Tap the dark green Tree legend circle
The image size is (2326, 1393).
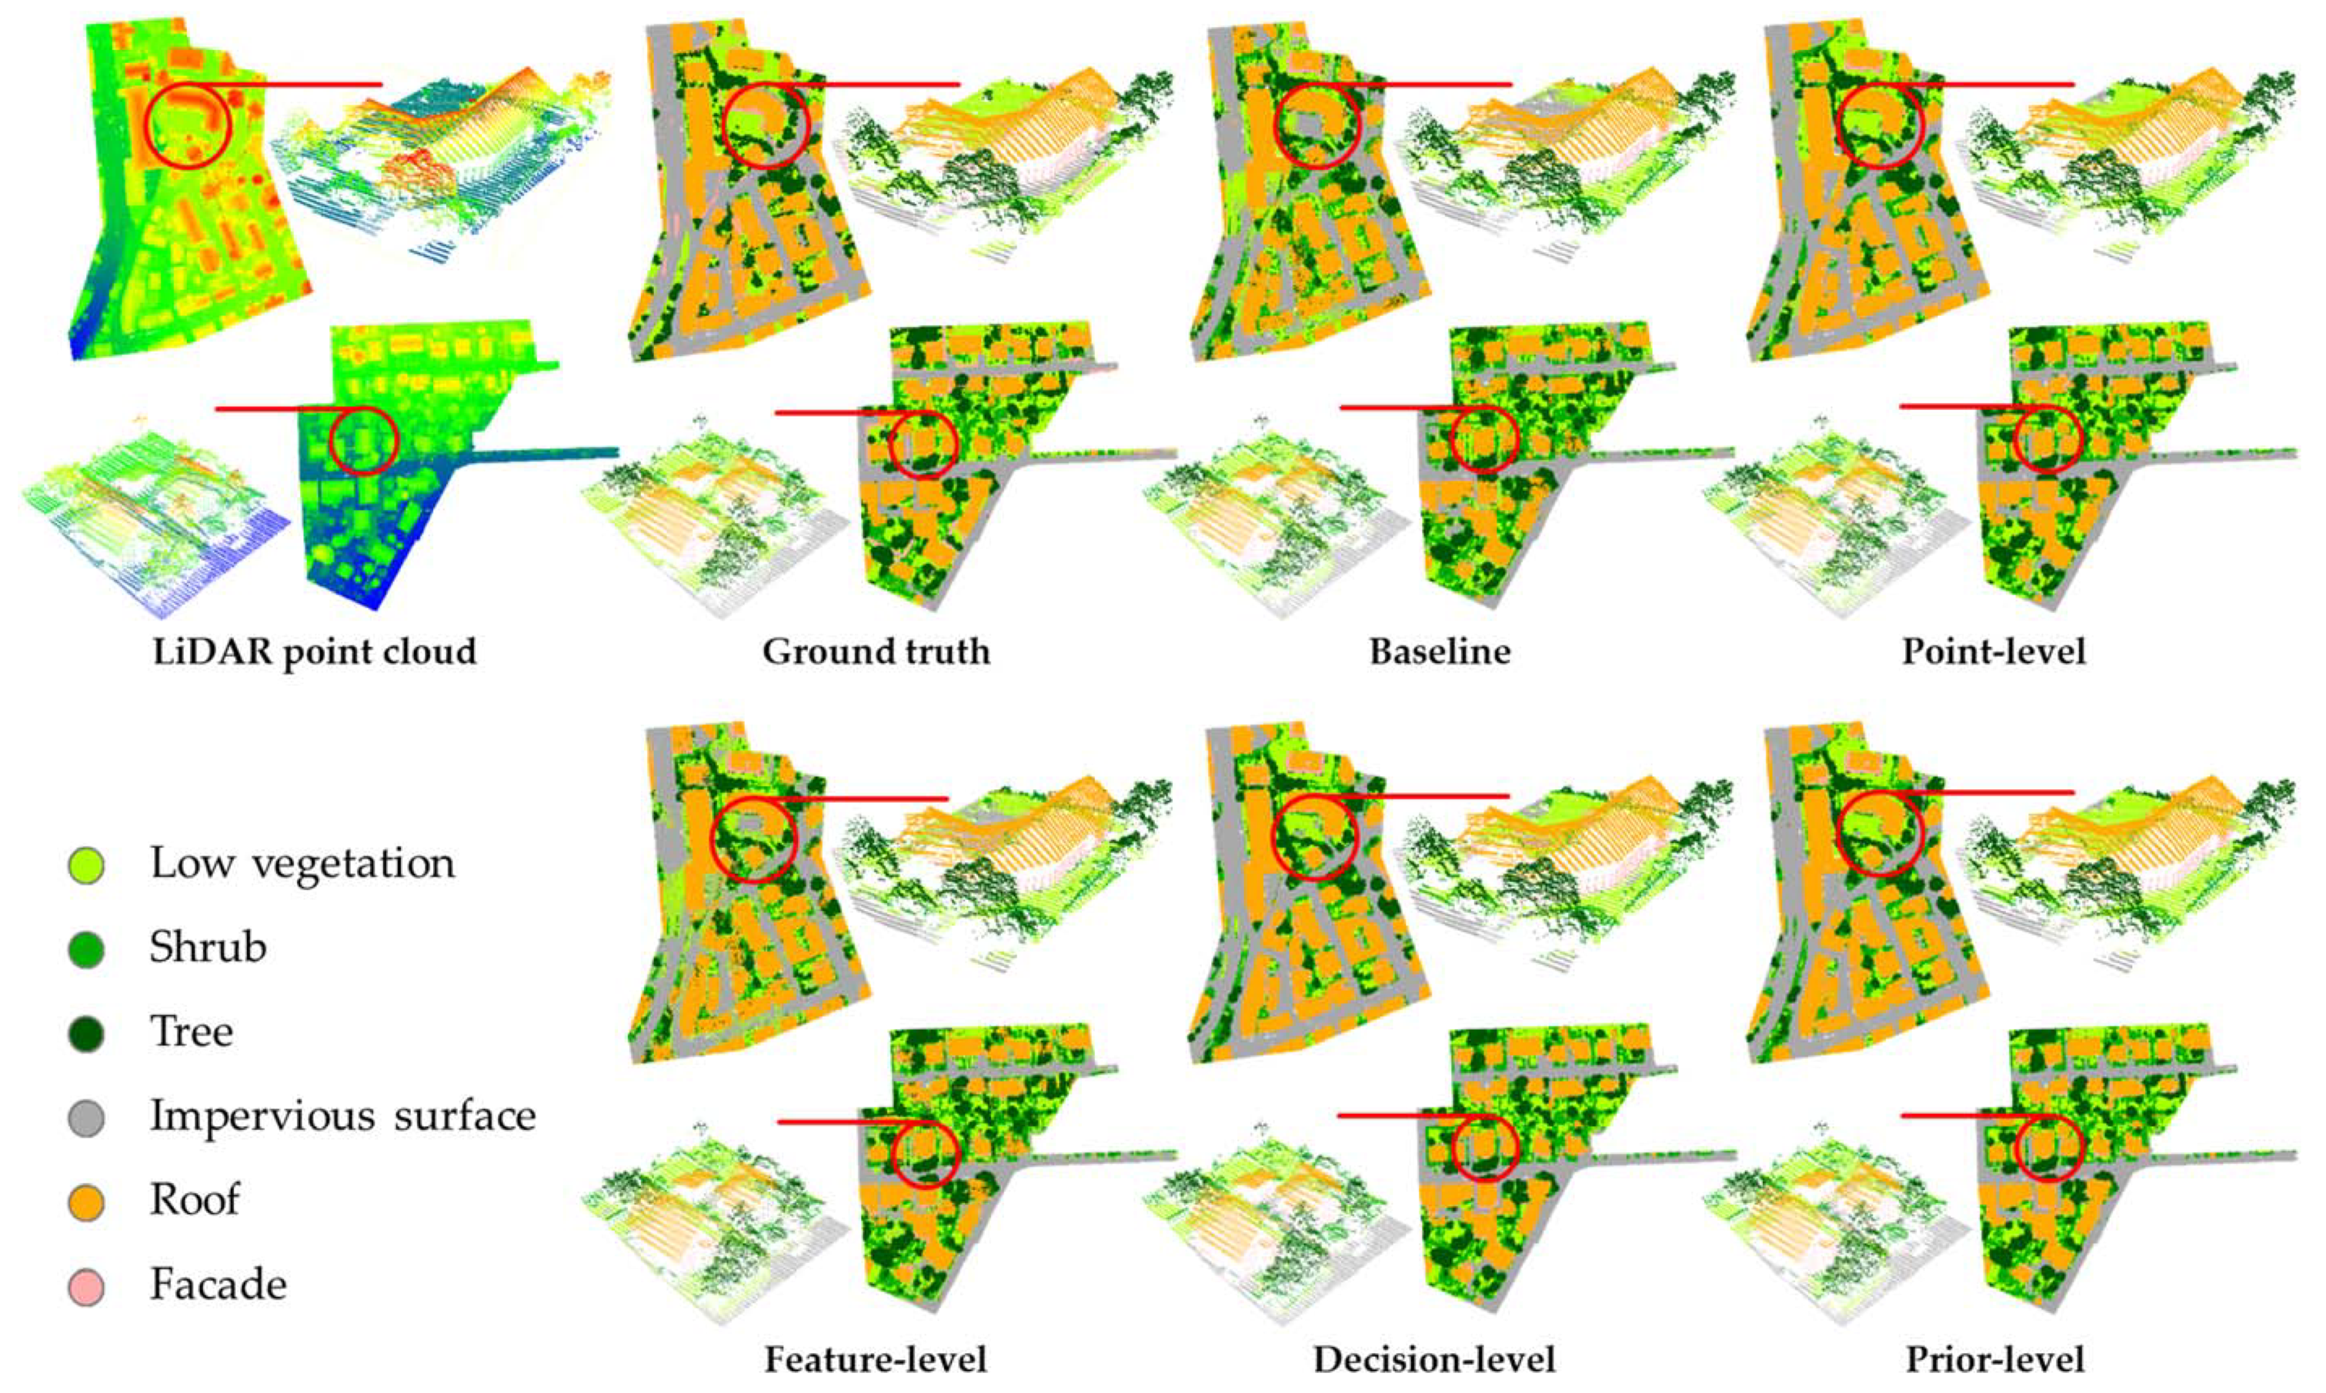(87, 1033)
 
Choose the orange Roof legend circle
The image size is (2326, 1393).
(87, 1202)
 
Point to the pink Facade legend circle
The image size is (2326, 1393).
(87, 1286)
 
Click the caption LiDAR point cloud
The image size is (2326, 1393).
(314, 651)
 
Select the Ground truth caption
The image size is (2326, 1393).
(876, 651)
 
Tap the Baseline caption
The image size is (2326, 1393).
(1440, 651)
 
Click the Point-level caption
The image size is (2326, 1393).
(1993, 651)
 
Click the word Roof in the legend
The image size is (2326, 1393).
(194, 1199)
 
